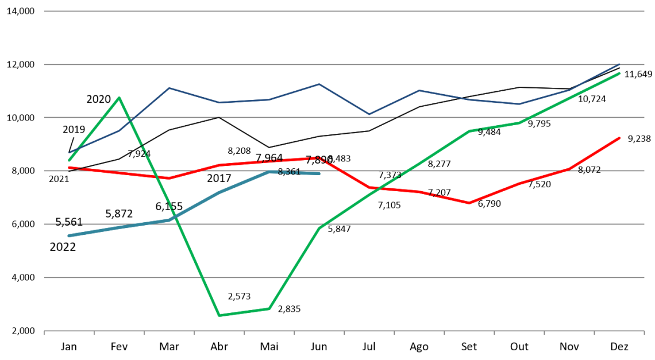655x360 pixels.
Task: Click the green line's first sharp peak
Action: click(x=119, y=98)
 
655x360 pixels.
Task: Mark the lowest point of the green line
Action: click(x=219, y=315)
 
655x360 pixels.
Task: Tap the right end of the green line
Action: click(x=620, y=73)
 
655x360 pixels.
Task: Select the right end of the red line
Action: click(x=620, y=138)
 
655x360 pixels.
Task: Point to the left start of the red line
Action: click(x=69, y=168)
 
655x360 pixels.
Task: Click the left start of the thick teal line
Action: click(x=69, y=235)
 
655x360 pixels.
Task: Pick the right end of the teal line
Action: click(x=318, y=173)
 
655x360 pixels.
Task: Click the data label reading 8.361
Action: click(x=289, y=172)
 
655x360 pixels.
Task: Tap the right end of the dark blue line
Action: click(x=620, y=64)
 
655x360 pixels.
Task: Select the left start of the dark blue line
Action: click(x=69, y=153)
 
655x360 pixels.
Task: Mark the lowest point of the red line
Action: click(x=469, y=203)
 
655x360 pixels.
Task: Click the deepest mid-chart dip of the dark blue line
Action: click(x=369, y=114)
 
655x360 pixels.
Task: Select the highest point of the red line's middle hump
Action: click(x=319, y=157)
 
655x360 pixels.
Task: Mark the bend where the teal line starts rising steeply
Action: click(x=169, y=220)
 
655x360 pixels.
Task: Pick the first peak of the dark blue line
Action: click(x=169, y=88)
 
